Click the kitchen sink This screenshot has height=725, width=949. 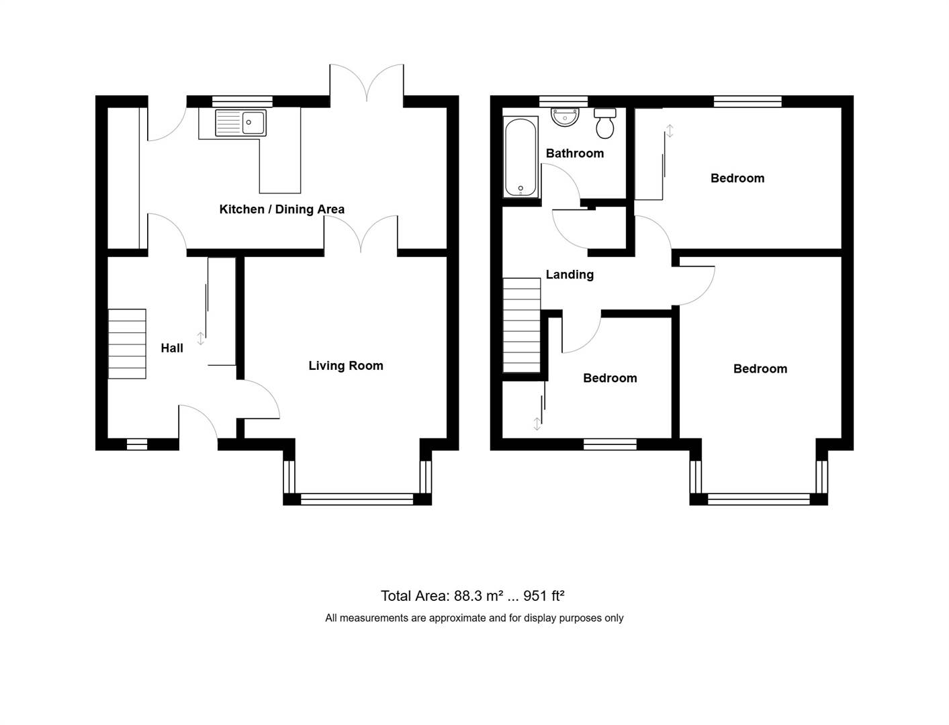[240, 122]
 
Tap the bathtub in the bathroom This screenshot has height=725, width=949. [521, 157]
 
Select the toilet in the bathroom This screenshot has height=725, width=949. [605, 123]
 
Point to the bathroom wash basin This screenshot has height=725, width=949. [565, 117]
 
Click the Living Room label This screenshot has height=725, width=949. [346, 366]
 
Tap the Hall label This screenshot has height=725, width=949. [172, 348]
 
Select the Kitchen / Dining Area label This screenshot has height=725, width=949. [282, 209]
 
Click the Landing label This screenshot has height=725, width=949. [570, 275]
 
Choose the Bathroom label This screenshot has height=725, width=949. [575, 153]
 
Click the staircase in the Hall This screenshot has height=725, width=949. [127, 344]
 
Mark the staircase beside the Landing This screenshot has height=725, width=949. [522, 325]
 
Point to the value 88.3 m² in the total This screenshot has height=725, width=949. [479, 596]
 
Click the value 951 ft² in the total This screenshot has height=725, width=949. [544, 596]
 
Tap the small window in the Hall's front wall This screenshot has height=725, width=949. [137, 444]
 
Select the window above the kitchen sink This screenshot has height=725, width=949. [242, 101]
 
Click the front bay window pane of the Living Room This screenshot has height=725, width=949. [357, 499]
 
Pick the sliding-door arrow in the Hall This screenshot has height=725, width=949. [201, 338]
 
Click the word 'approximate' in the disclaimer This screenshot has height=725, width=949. [456, 618]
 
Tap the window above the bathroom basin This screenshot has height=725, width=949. [563, 101]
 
